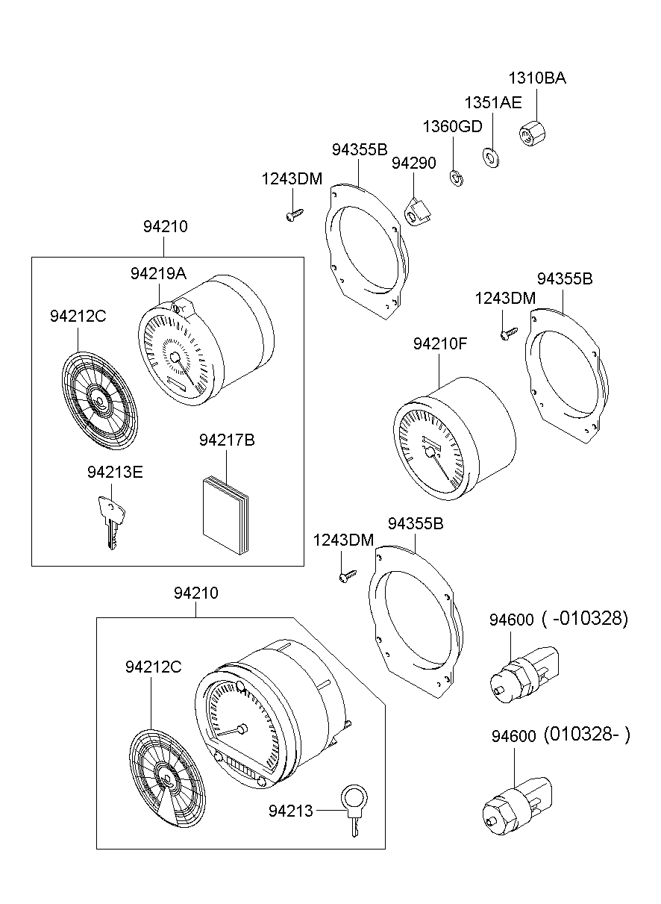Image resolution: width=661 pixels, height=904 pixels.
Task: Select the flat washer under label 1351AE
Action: (491, 157)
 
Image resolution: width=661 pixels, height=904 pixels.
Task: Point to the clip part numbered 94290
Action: (419, 212)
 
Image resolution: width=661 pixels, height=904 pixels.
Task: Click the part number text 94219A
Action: (158, 274)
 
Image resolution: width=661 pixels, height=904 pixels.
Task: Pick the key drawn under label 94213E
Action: (110, 520)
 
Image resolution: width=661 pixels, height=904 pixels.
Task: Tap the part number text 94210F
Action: (440, 344)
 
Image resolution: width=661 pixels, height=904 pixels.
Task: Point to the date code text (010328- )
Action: (586, 735)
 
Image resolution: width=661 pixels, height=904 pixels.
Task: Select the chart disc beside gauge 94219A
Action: (99, 400)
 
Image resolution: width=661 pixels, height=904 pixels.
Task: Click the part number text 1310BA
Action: (537, 78)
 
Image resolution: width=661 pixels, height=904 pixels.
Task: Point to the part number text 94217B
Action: (227, 440)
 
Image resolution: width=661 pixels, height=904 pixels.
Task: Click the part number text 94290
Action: (414, 163)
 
